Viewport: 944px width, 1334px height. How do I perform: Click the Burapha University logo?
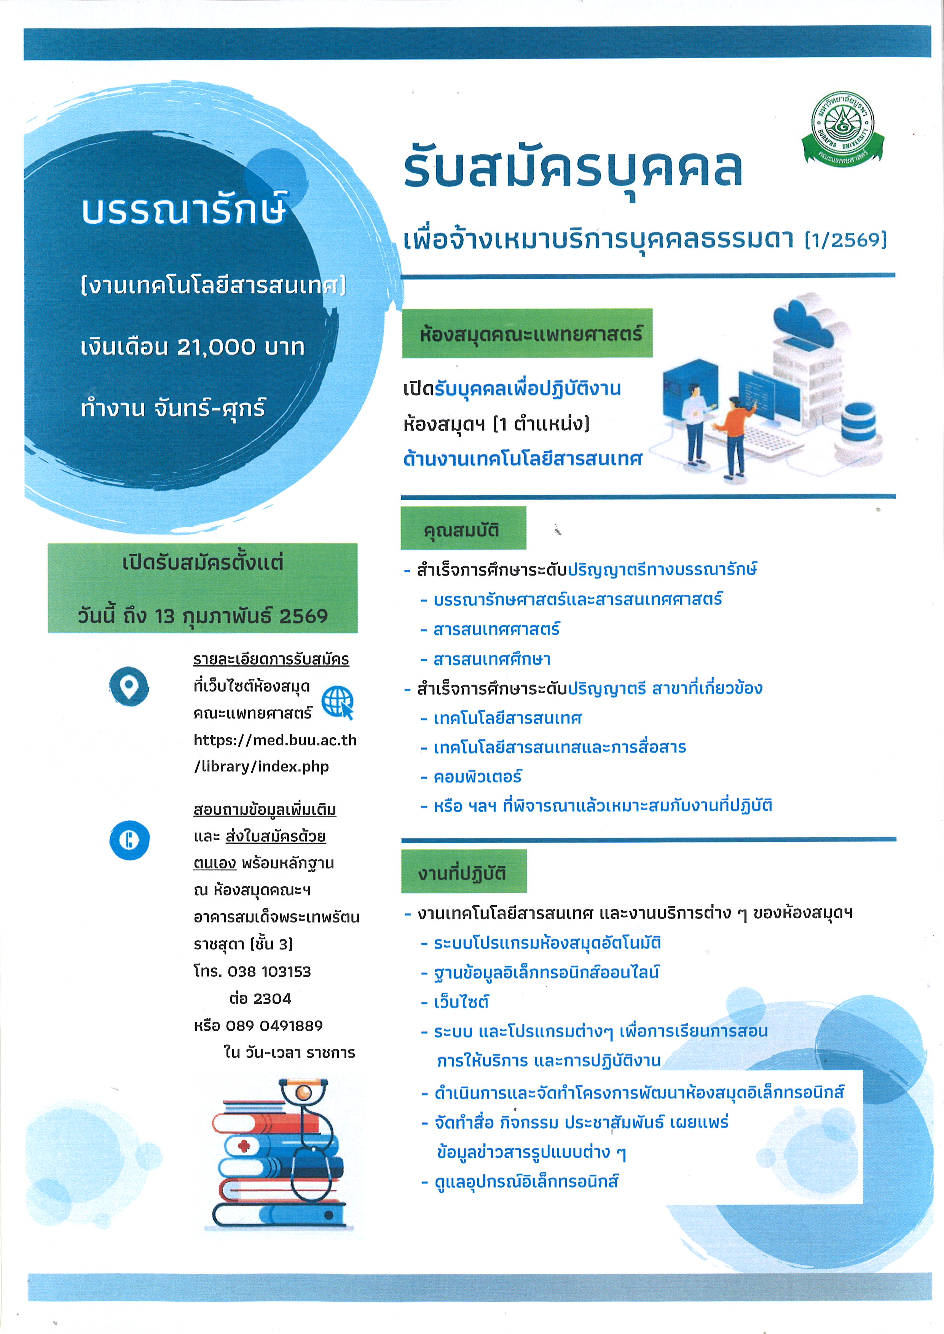pos(842,127)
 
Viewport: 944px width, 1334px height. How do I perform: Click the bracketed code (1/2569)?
pos(846,239)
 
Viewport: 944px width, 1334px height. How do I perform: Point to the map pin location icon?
pos(129,686)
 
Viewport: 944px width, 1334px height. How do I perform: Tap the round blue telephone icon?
pos(129,840)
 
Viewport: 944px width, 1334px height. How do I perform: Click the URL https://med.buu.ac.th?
pos(275,740)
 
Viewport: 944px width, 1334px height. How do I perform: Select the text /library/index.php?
pos(262,767)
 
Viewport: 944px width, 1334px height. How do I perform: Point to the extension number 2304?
pos(272,999)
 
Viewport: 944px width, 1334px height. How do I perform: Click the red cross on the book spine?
pos(244,1146)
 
